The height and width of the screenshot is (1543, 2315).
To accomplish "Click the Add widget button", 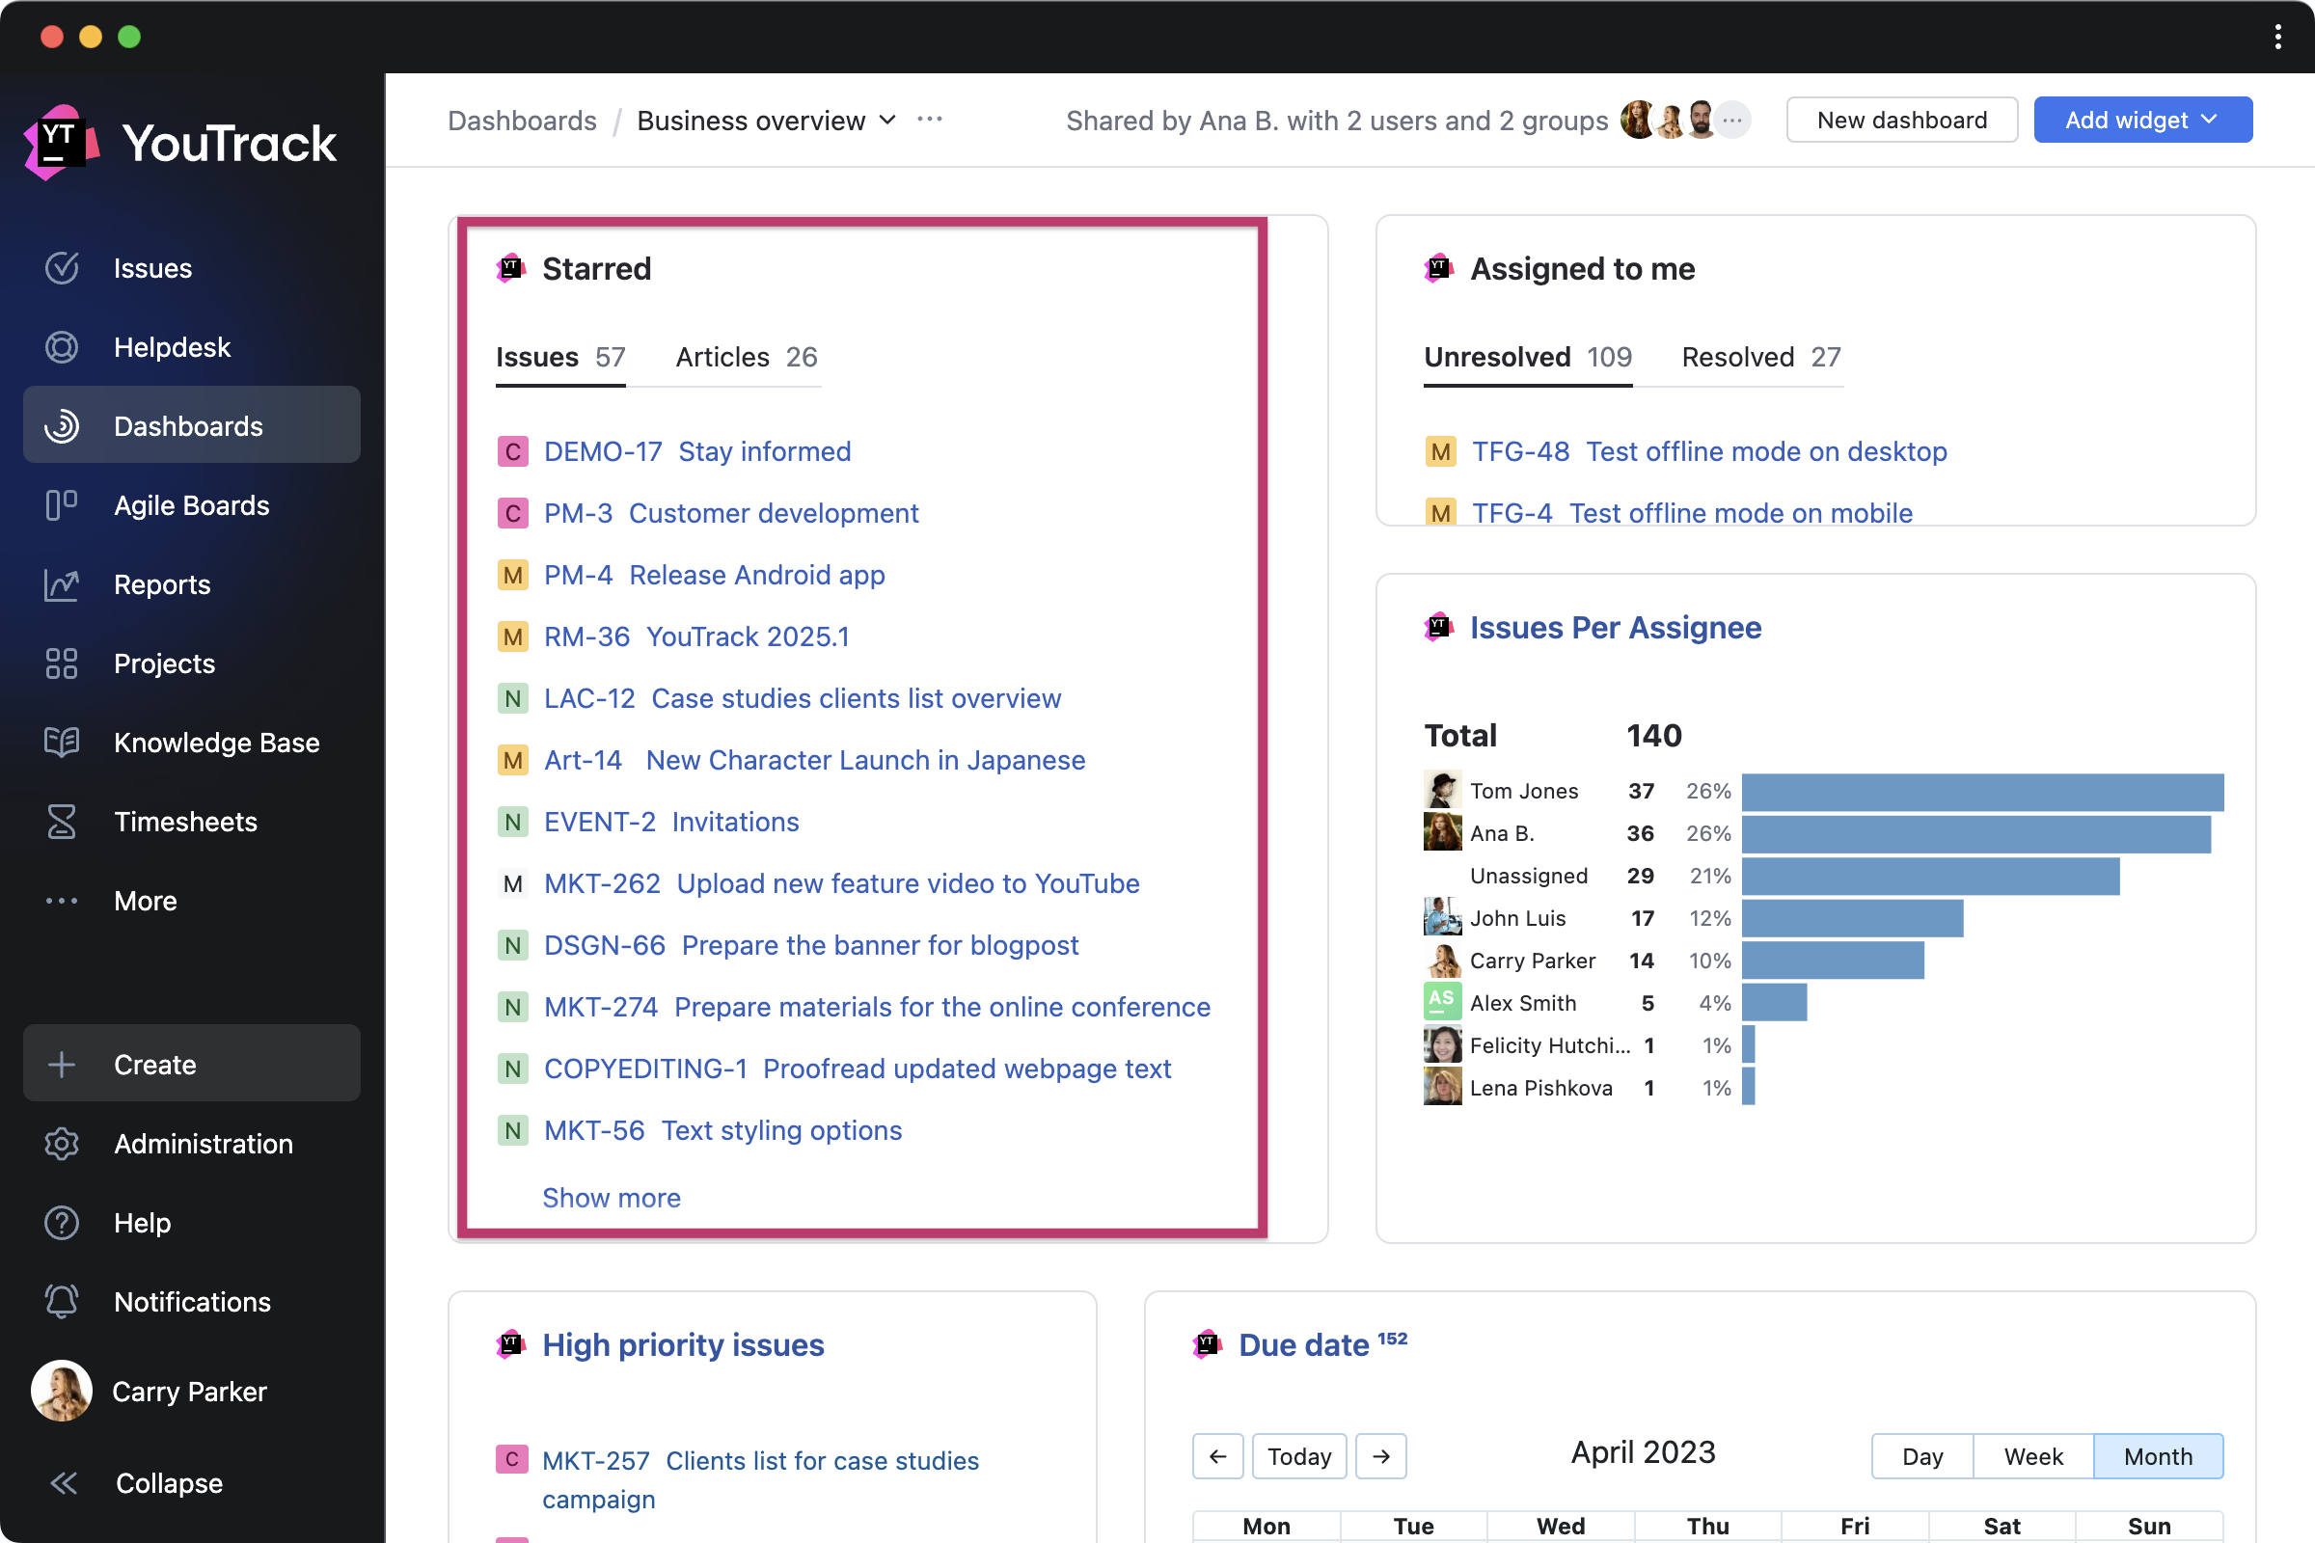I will click(2141, 120).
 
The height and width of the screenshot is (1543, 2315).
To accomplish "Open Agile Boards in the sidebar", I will click(191, 505).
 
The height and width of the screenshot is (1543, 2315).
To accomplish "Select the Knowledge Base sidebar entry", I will click(215, 743).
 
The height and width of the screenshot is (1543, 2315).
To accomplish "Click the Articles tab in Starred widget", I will click(746, 357).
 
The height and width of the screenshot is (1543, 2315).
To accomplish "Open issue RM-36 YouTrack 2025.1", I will click(695, 637).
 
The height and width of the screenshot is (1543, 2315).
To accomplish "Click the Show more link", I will click(612, 1198).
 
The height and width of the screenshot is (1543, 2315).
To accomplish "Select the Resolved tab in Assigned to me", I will click(1759, 357).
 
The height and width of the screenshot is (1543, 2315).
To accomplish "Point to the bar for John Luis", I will click(1851, 918).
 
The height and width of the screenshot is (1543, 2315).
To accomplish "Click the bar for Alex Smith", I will click(1774, 1003).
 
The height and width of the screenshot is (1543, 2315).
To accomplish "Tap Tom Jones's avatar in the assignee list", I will click(1442, 790).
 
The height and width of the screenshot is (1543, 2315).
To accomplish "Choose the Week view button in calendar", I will click(2032, 1456).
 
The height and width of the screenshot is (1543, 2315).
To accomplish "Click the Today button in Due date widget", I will click(1298, 1456).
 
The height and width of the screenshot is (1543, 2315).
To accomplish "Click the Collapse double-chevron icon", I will click(63, 1483).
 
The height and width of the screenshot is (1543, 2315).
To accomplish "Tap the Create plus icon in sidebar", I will click(61, 1065).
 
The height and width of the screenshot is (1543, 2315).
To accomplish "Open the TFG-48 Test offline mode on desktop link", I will click(1708, 451).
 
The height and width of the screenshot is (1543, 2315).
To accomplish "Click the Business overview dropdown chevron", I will click(887, 120).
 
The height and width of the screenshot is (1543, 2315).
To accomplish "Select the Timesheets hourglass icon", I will click(61, 822).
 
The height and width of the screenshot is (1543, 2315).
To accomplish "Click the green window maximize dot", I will click(129, 37).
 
